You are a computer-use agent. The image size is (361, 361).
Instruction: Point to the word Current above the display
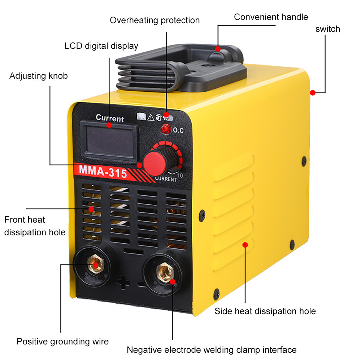pyautogui.click(x=110, y=118)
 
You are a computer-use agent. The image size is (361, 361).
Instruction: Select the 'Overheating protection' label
pyautogui.click(x=155, y=20)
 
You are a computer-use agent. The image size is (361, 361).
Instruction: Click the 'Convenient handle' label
pyautogui.click(x=271, y=17)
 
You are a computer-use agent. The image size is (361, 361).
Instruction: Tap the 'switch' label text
pyautogui.click(x=328, y=29)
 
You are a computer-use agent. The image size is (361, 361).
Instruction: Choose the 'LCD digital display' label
pyautogui.click(x=101, y=46)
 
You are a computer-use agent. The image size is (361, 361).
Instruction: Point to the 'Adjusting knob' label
pyautogui.click(x=38, y=76)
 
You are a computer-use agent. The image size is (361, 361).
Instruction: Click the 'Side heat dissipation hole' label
pyautogui.click(x=265, y=311)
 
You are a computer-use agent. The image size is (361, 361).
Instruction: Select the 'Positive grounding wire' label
pyautogui.click(x=62, y=341)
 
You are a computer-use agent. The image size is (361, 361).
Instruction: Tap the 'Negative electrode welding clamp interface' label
pyautogui.click(x=212, y=349)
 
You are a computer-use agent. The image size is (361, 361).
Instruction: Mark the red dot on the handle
pyautogui.click(x=218, y=48)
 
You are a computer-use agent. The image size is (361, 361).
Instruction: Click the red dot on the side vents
pyautogui.click(x=245, y=245)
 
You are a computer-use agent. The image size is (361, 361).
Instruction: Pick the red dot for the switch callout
pyautogui.click(x=313, y=93)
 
